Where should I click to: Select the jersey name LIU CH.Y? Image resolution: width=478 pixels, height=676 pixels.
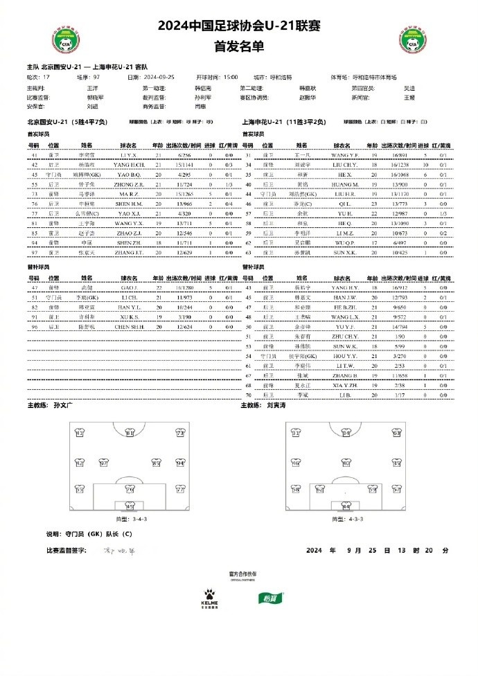point(344,166)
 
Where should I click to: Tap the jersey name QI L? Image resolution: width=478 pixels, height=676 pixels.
point(344,205)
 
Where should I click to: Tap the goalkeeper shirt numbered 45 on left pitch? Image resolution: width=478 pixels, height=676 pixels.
point(130,506)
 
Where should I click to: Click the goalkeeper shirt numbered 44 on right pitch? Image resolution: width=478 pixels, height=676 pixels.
point(346,506)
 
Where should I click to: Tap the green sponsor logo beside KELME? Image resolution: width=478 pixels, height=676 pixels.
point(267,598)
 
